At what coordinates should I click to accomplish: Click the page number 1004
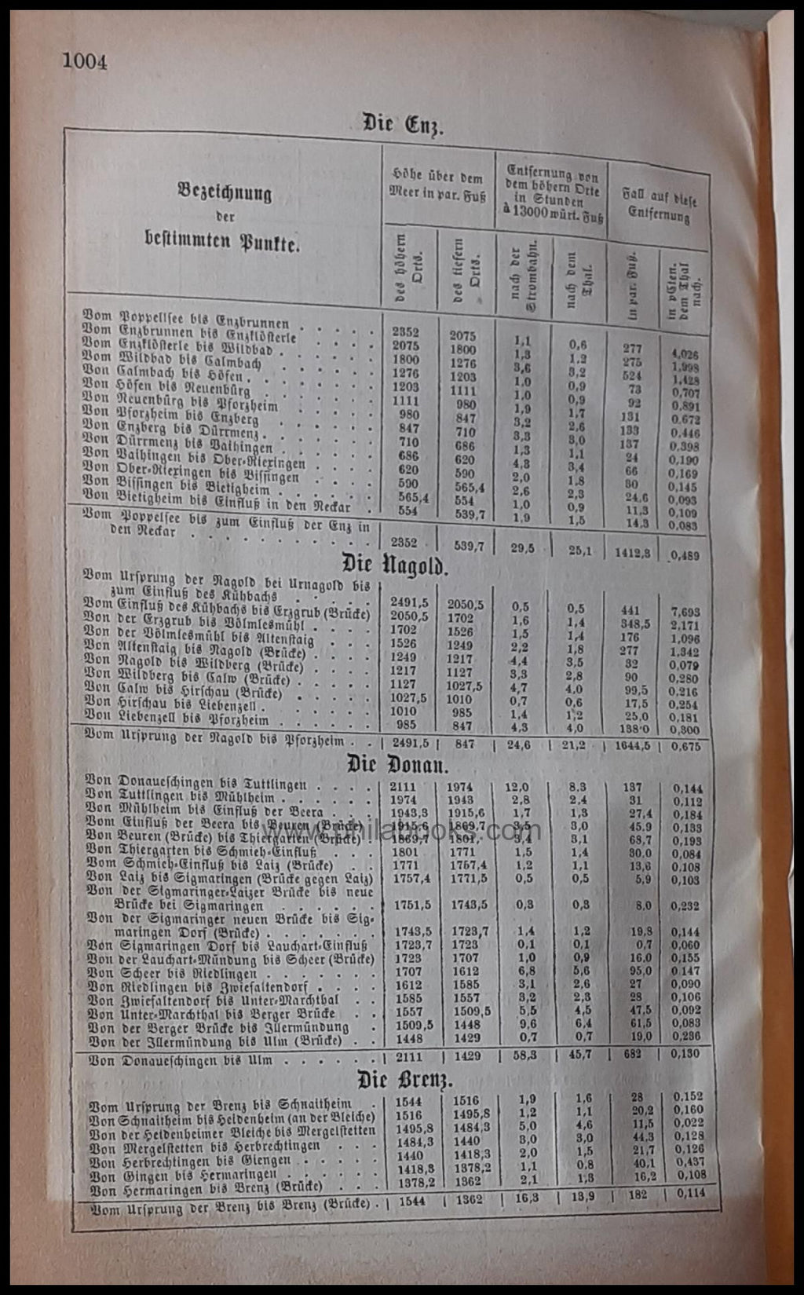pyautogui.click(x=85, y=60)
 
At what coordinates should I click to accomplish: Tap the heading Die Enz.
pyautogui.click(x=402, y=125)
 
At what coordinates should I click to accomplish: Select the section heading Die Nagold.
pyautogui.click(x=394, y=565)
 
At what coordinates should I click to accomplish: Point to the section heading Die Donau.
pyautogui.click(x=397, y=764)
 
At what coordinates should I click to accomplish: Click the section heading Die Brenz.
pyautogui.click(x=404, y=1080)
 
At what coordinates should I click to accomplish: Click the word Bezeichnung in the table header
pyautogui.click(x=225, y=192)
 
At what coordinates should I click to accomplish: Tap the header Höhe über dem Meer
pyautogui.click(x=437, y=185)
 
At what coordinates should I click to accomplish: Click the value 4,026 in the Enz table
pyautogui.click(x=685, y=355)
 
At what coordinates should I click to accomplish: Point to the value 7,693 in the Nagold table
pyautogui.click(x=685, y=612)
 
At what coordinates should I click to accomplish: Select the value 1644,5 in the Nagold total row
pyautogui.click(x=631, y=746)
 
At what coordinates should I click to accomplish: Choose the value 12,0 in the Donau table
pyautogui.click(x=517, y=787)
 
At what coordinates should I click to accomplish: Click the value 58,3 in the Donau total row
pyautogui.click(x=524, y=1055)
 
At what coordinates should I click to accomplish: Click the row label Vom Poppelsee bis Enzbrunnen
pyautogui.click(x=186, y=319)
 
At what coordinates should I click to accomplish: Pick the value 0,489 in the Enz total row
pyautogui.click(x=685, y=555)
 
